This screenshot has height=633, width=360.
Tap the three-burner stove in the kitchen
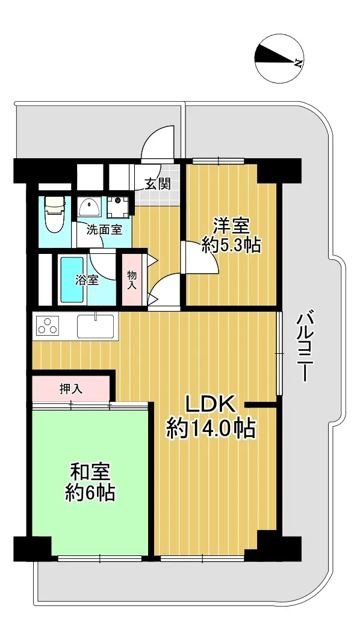pos(48,326)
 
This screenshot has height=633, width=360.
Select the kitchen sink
pos(96,326)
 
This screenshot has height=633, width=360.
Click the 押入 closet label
pos(70,389)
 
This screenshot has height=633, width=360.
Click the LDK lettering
pos(210,404)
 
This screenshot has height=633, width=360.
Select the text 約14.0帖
pos(211,429)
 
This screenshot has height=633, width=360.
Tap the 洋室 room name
pos(231,226)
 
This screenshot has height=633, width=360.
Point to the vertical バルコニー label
pos(305,347)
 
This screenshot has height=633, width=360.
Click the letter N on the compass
pos(299,63)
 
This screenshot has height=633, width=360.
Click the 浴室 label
pos(87,280)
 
